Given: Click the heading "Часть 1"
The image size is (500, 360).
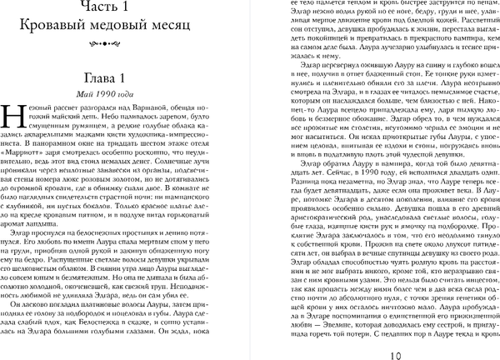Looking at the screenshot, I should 123,10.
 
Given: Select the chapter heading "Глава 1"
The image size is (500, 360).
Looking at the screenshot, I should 123,78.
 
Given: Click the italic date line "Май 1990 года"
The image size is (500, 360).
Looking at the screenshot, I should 123,94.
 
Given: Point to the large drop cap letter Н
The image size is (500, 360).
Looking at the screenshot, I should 15,117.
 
